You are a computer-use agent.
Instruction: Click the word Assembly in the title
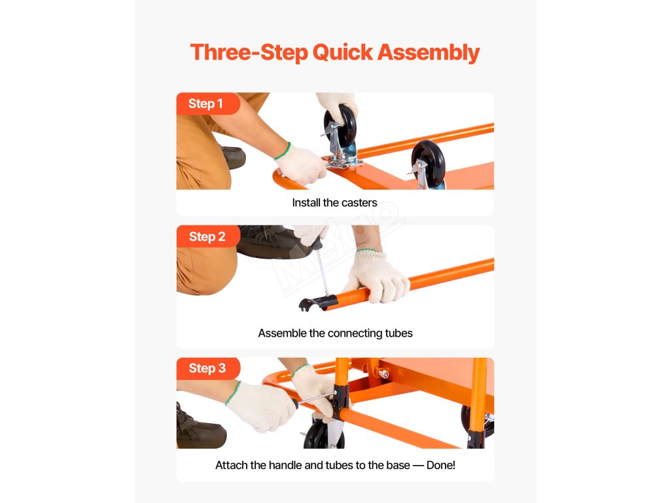pos(428,53)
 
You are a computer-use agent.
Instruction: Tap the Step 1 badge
pos(208,103)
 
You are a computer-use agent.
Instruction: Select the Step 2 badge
pos(208,236)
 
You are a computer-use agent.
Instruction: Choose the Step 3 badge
pos(208,368)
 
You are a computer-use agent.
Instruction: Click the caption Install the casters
pos(334,203)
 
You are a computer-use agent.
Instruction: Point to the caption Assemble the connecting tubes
pos(336,333)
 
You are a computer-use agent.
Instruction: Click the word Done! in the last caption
pos(440,465)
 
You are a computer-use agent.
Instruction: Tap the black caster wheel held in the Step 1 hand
pos(340,124)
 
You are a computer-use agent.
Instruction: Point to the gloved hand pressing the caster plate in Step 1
pos(302,164)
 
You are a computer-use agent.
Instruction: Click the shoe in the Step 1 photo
pos(234,157)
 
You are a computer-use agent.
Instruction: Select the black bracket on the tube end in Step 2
pos(318,303)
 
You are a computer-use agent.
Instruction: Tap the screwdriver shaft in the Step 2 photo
pos(323,272)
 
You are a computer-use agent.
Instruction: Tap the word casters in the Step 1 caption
pos(359,203)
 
